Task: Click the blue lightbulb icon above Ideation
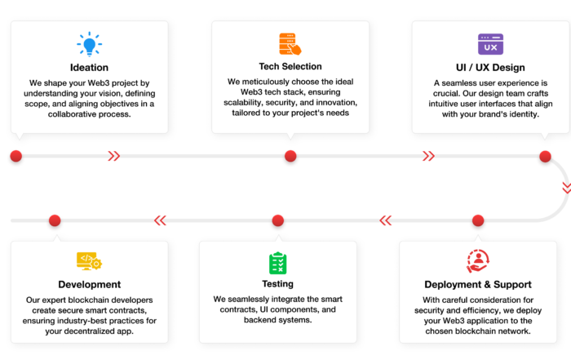click(x=89, y=44)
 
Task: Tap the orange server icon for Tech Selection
click(x=290, y=44)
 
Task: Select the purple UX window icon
click(x=490, y=44)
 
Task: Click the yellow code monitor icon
click(x=89, y=261)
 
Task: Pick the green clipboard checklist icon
click(x=278, y=263)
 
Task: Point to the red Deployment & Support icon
click(x=478, y=261)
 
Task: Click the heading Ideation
click(x=89, y=68)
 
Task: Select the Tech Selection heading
click(x=290, y=66)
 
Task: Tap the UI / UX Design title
click(x=490, y=68)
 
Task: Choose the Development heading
click(x=90, y=284)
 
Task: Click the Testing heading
click(x=278, y=283)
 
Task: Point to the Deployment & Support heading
click(x=478, y=284)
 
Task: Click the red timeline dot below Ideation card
click(x=16, y=156)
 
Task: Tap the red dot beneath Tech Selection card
click(x=290, y=156)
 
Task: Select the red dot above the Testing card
click(x=278, y=220)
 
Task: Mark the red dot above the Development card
click(x=55, y=220)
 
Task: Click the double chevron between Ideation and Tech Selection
click(x=113, y=156)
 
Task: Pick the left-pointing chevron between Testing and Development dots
click(x=160, y=220)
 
